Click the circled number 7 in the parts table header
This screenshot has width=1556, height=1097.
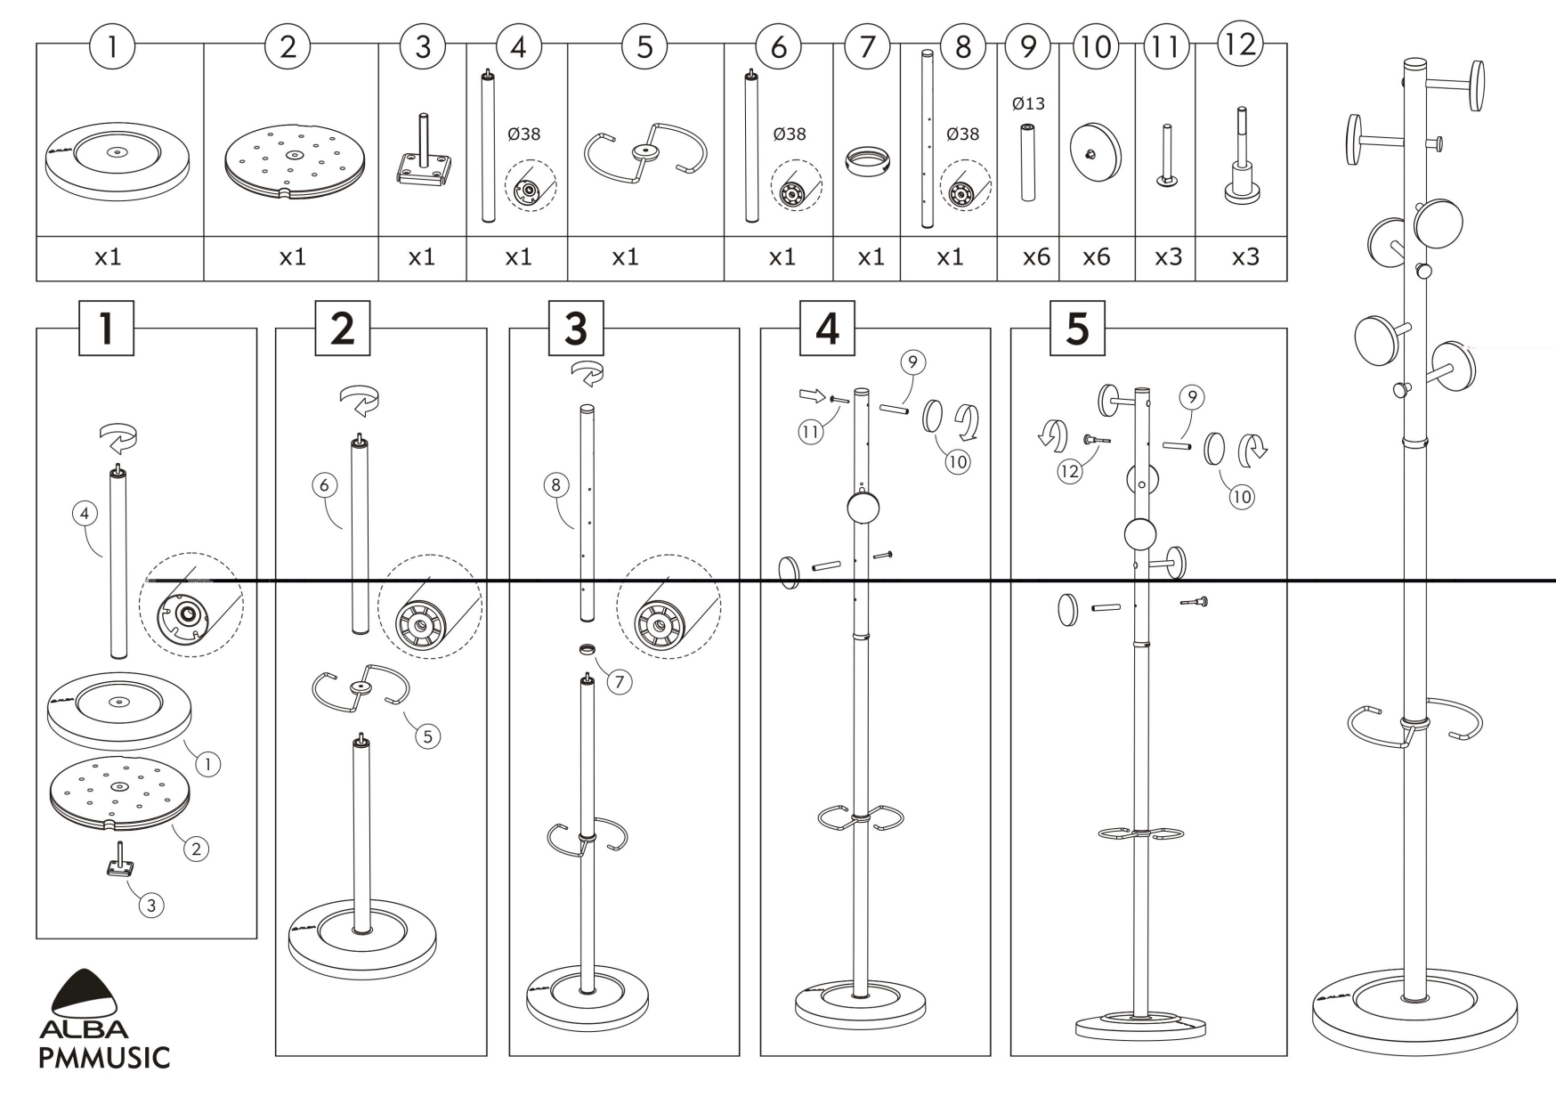tap(867, 45)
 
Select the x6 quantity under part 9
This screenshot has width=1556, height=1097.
tap(1036, 257)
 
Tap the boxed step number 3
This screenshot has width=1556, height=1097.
tap(576, 329)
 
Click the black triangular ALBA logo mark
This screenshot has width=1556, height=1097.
tap(85, 993)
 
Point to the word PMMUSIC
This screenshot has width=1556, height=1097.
tap(105, 1057)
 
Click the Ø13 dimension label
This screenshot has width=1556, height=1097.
tap(1028, 103)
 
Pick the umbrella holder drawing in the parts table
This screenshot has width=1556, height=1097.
tap(645, 152)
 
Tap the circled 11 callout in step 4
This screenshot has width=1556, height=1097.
tap(811, 435)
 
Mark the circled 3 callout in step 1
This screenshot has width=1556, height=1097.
tap(151, 906)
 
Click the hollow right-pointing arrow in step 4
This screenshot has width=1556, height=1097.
tap(812, 395)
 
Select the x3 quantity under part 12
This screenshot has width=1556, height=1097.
tap(1244, 257)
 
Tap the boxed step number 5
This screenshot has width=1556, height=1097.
tap(1077, 329)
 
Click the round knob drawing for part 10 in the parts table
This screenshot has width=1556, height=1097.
tap(1095, 151)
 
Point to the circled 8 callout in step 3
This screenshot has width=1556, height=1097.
tap(556, 484)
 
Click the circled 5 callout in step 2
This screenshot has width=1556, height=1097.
tap(428, 736)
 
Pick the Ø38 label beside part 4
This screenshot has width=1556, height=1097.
tap(523, 134)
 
